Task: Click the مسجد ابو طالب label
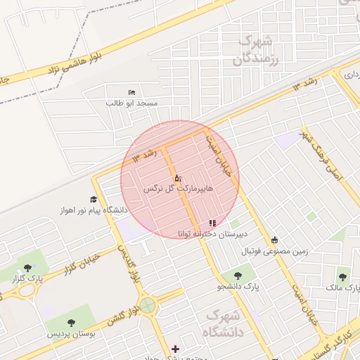(x=132, y=103)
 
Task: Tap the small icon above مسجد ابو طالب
(x=131, y=93)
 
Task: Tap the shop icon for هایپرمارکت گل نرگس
(x=176, y=178)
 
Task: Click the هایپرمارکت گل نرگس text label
(x=177, y=189)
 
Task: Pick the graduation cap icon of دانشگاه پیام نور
(x=94, y=200)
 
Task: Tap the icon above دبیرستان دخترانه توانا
(x=213, y=223)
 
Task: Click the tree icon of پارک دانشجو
(x=234, y=276)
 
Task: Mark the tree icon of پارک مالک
(x=342, y=277)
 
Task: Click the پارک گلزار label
(x=27, y=279)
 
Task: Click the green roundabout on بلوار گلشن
(x=148, y=305)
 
